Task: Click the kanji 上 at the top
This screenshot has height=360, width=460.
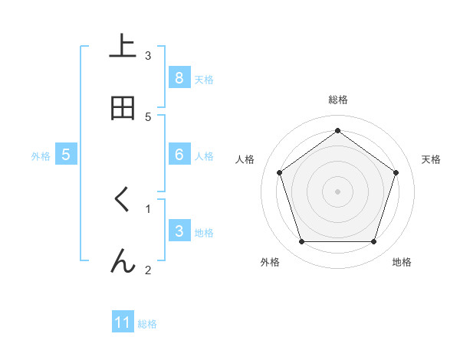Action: click(x=123, y=47)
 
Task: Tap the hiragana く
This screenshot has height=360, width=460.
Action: click(x=123, y=200)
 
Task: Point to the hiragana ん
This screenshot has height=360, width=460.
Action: click(x=123, y=261)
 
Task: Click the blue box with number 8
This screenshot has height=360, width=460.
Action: click(x=179, y=77)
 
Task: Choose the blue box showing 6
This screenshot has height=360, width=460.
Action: click(x=179, y=155)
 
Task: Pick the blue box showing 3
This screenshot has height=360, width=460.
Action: click(x=179, y=231)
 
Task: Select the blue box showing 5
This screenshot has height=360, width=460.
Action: click(x=66, y=155)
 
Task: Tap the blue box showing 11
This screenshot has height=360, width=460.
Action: click(x=123, y=322)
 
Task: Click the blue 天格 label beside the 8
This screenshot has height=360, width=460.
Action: click(x=204, y=79)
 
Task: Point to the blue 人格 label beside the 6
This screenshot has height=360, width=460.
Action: click(x=204, y=156)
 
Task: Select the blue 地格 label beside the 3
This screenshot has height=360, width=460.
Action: click(x=204, y=233)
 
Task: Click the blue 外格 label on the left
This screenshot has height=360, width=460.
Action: click(x=41, y=156)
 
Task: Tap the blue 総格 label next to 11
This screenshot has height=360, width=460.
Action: click(x=147, y=324)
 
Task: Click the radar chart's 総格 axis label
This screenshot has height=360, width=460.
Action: click(x=337, y=100)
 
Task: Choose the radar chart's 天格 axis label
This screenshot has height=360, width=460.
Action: click(x=431, y=159)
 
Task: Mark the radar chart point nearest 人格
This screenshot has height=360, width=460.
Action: click(x=279, y=172)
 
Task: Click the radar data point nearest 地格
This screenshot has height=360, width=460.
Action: click(x=373, y=242)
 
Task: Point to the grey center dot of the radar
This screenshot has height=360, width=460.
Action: click(x=337, y=191)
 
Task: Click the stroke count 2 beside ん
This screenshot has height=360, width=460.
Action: click(x=148, y=269)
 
